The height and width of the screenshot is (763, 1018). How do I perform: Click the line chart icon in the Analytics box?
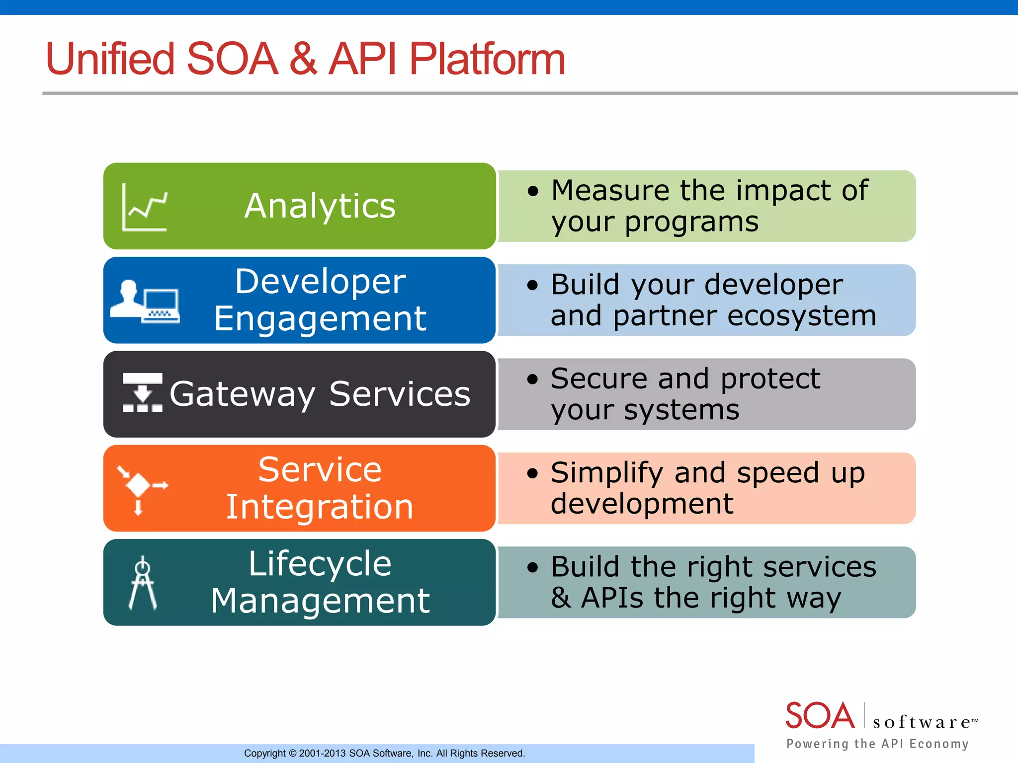pos(145,207)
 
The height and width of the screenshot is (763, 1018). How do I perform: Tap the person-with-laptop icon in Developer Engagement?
pos(144,302)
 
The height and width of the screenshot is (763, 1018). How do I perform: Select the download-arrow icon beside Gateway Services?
pos(143,392)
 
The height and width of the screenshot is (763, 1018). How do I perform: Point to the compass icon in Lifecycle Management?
pos(143,583)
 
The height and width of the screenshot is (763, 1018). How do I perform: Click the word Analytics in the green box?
pos(320,206)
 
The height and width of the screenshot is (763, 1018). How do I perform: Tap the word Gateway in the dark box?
pos(242,394)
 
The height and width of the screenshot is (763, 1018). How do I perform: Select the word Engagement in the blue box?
pos(320,319)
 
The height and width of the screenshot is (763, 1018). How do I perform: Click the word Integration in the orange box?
pos(320,507)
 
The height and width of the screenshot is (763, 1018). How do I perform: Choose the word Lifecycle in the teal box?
pos(320,564)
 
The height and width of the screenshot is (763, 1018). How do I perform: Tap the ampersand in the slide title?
pos(303,59)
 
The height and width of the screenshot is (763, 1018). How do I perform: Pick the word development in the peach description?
pos(642,504)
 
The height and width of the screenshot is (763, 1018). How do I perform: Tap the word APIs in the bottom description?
pos(612,598)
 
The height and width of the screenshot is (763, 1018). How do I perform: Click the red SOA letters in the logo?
pos(819,716)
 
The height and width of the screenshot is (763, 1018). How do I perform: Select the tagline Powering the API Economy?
pos(877,744)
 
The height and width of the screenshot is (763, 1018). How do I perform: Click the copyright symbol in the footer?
pos(292,754)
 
